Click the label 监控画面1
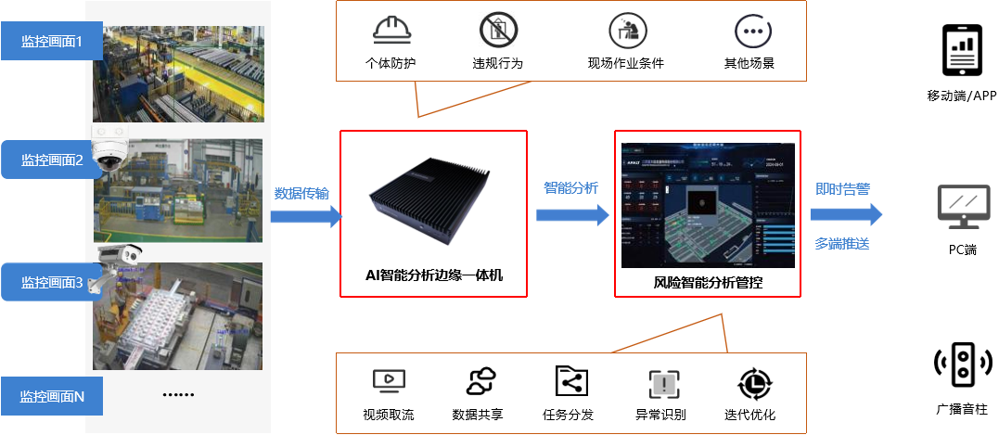[x=52, y=41]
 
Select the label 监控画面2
[x=52, y=160]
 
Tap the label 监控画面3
[x=52, y=282]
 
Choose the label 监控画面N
[x=52, y=396]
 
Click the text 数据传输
[x=301, y=194]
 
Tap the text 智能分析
[x=570, y=188]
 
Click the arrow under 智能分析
[x=569, y=215]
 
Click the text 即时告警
[x=841, y=189]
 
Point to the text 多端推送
[x=841, y=244]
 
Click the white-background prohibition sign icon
[x=498, y=30]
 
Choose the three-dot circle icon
[x=752, y=31]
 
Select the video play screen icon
[x=389, y=381]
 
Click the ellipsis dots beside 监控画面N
[x=177, y=395]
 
